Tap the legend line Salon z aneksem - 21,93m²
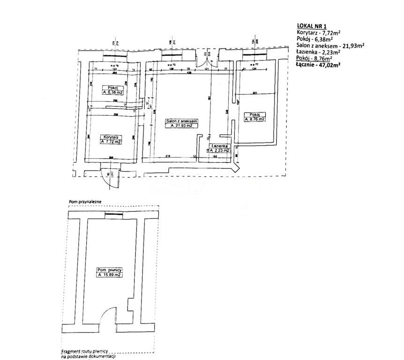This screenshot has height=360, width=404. (330, 45)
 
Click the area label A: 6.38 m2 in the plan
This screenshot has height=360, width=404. (113, 93)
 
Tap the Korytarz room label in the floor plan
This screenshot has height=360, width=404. (111, 137)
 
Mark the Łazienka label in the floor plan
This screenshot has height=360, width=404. (219, 146)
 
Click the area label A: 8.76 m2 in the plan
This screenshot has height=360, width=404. (254, 119)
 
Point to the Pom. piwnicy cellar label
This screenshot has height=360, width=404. (109, 270)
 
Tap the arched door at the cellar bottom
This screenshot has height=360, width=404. (109, 316)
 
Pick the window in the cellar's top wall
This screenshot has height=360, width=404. (113, 214)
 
